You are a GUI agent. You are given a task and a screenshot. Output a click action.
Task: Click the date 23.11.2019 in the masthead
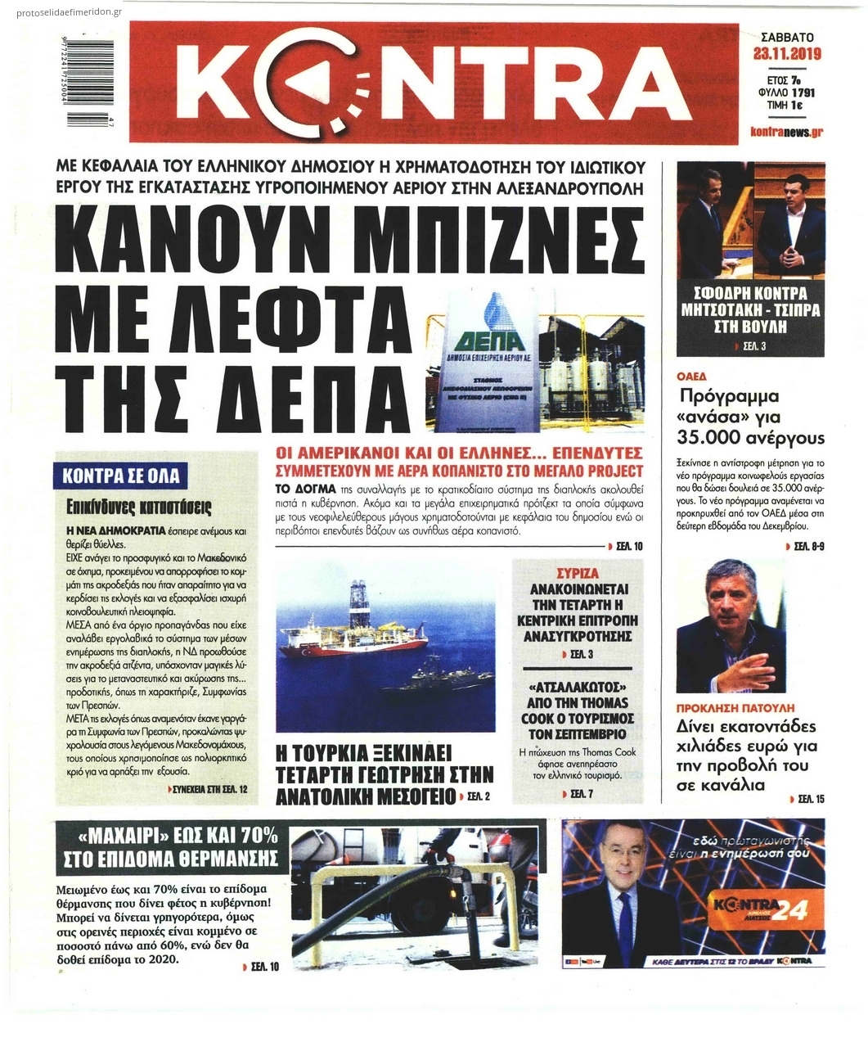786,55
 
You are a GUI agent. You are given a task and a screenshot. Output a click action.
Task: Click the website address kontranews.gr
786,132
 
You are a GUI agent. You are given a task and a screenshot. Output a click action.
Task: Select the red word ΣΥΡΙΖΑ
577,573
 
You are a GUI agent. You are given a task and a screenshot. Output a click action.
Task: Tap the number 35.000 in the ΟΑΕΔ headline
717,436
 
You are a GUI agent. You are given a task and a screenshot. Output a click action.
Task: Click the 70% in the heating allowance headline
254,836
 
